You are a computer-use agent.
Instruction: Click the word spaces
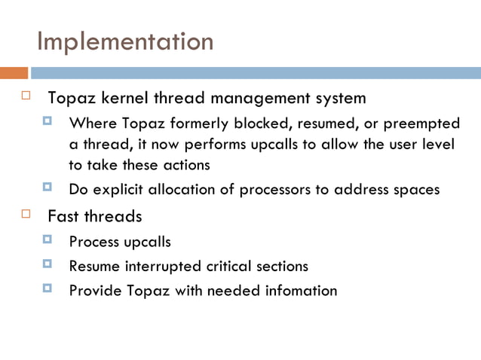(415, 189)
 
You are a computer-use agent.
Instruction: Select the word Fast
(62, 217)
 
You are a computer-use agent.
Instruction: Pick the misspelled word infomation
(299, 290)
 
